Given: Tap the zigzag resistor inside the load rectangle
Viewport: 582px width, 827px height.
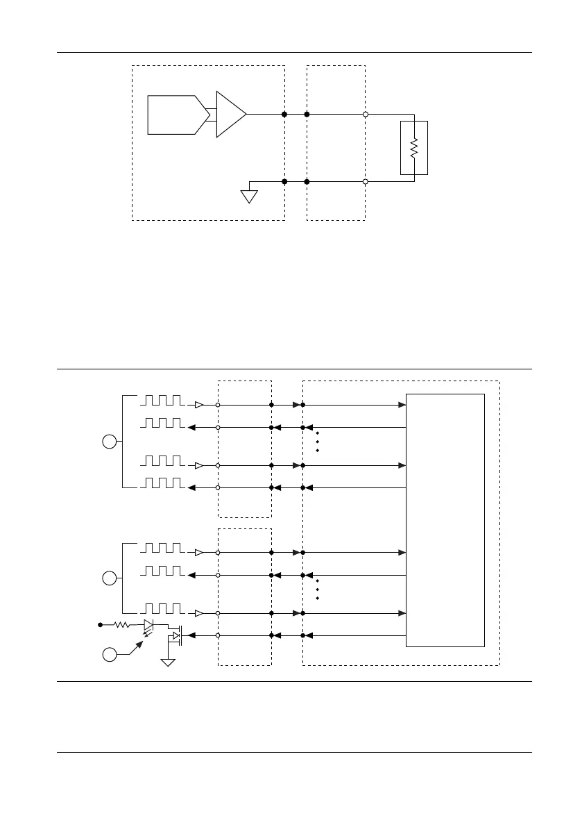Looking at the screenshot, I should (414, 147).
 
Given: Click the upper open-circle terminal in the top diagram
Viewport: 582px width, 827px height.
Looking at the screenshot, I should (366, 114).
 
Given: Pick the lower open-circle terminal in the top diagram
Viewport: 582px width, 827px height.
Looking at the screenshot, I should (366, 181).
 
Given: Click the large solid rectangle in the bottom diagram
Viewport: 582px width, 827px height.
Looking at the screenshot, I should (445, 520).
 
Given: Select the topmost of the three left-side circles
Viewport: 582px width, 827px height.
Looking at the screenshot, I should (110, 441).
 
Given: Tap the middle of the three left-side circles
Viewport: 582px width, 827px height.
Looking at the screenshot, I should (110, 578).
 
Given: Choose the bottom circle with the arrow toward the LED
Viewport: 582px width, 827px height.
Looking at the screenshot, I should (110, 653).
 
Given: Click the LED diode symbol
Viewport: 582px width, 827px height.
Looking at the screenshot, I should (148, 625).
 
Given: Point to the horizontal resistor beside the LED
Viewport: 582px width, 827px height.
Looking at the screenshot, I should (122, 625).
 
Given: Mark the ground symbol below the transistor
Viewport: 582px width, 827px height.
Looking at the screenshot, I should (167, 662).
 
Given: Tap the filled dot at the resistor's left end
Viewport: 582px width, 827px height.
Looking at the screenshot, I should (101, 625).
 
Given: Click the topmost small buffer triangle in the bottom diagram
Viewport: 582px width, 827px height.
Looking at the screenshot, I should (199, 405).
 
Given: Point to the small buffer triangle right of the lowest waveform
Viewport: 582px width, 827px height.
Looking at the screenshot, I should (199, 614).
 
